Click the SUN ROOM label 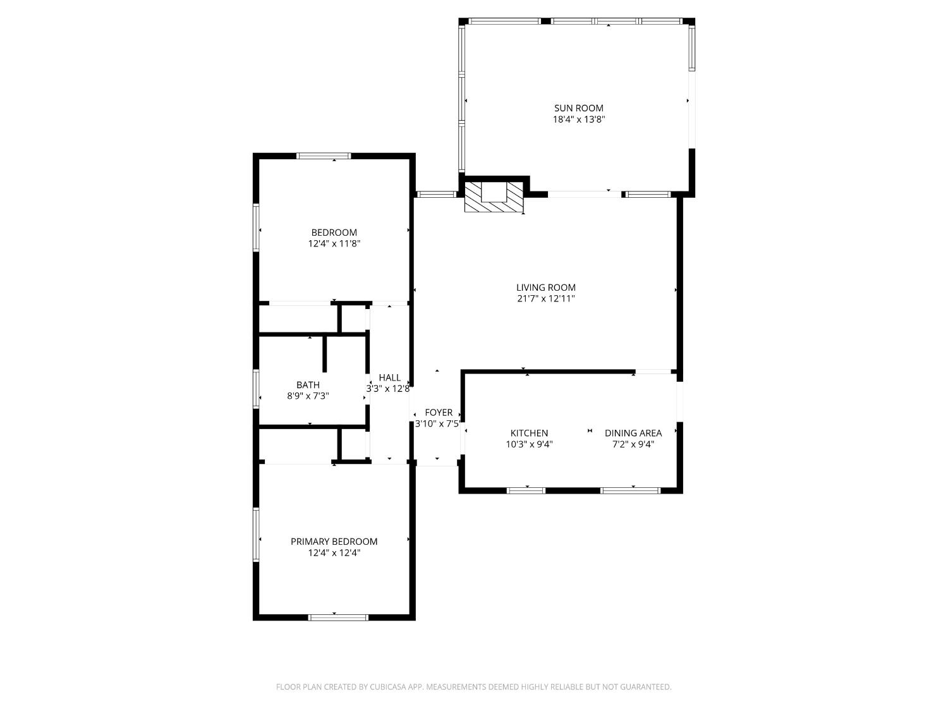pos(579,108)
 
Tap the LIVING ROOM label pos(546,288)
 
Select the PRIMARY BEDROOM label pos(334,542)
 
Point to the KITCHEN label pos(529,433)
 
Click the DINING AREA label pos(633,433)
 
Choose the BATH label pos(308,385)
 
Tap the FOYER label pos(439,412)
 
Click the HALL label pos(389,377)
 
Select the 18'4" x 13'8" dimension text pos(579,119)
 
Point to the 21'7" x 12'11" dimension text pos(546,299)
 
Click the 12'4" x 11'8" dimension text pos(334,243)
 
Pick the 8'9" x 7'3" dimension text pos(308,396)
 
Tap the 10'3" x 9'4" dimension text pos(529,444)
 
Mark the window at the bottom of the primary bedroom pos(338,617)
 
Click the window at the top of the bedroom pos(324,156)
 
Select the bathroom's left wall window pos(256,389)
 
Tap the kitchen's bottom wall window pos(526,490)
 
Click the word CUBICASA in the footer pos(387,687)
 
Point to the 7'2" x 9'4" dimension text pos(633,444)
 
